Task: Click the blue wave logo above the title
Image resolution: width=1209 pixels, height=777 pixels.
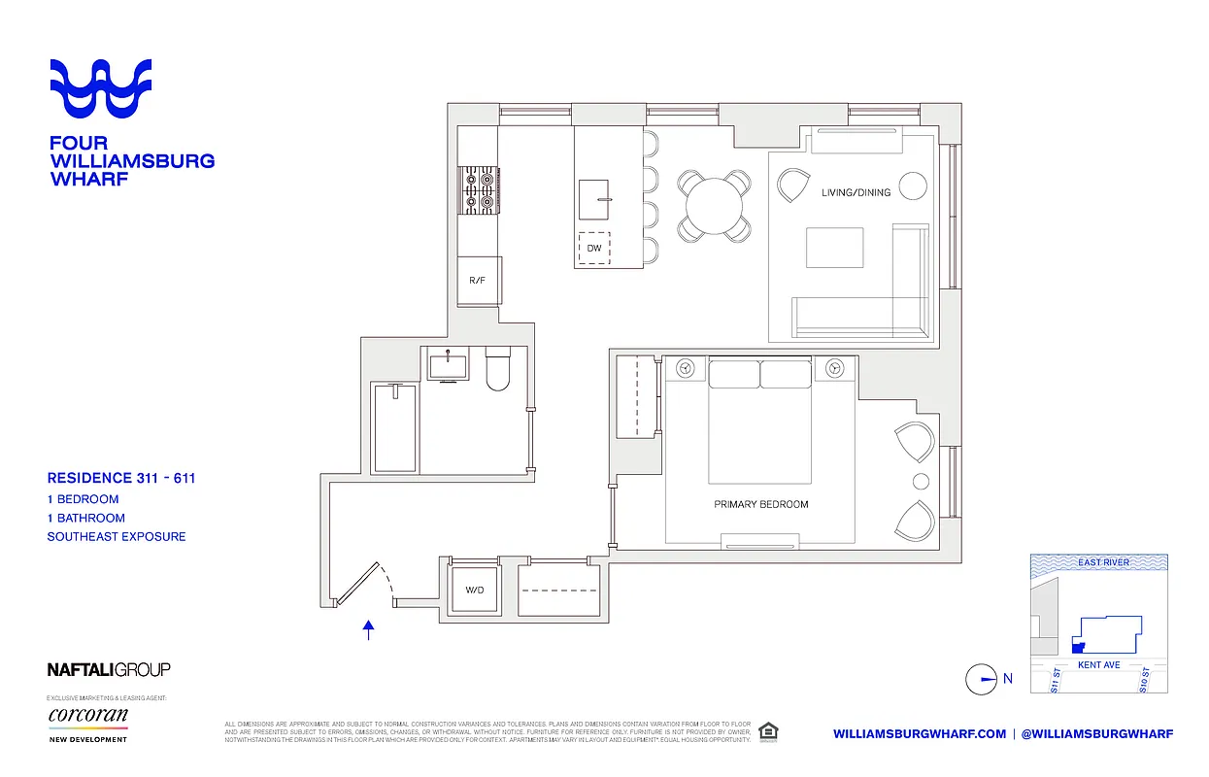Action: [x=101, y=90]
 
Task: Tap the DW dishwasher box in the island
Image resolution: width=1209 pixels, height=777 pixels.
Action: [x=594, y=249]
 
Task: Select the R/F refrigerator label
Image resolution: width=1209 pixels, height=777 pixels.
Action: [x=477, y=281]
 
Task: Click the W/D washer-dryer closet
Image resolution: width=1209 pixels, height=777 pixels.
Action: [x=474, y=590]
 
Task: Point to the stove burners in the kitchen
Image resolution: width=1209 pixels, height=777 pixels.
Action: [x=478, y=189]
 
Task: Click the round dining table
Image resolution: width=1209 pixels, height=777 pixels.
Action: [x=714, y=205]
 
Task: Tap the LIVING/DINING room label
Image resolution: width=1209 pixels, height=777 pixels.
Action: [x=856, y=192]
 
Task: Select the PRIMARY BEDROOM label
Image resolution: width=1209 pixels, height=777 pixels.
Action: [x=760, y=504]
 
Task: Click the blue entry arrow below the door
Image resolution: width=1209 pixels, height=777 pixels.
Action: [x=368, y=630]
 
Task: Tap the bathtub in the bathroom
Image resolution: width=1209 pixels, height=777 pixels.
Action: [x=395, y=428]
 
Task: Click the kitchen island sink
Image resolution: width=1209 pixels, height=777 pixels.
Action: [x=595, y=199]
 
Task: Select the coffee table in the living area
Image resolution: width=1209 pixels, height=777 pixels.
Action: [x=834, y=248]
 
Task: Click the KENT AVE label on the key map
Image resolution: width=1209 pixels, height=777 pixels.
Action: [x=1099, y=665]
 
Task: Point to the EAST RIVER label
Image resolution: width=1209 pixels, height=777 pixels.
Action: [x=1103, y=562]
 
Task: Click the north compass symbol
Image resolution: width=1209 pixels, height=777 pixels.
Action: [x=982, y=679]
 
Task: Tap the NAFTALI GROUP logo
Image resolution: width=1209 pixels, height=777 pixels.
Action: [x=109, y=669]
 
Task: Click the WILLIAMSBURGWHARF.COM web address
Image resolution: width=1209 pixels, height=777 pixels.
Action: [x=919, y=733]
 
